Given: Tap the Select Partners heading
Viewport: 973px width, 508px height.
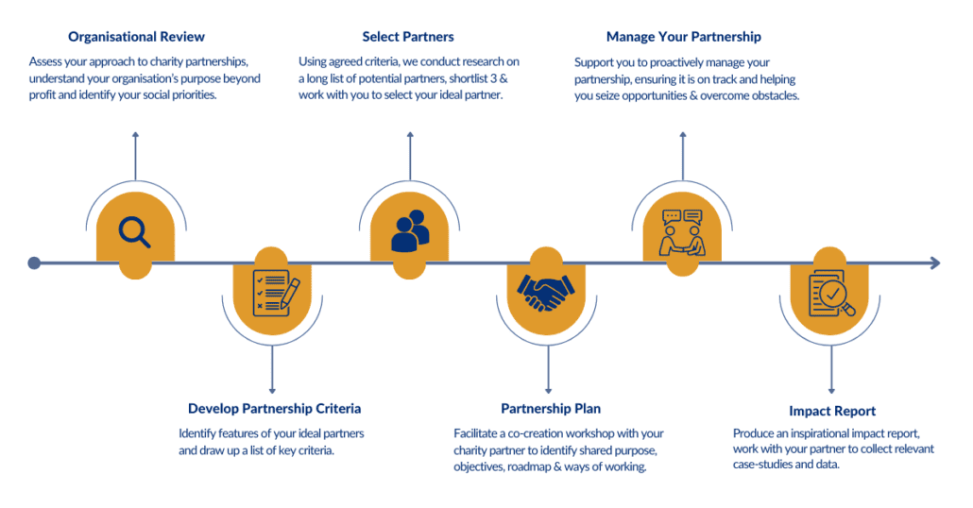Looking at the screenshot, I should (x=408, y=37).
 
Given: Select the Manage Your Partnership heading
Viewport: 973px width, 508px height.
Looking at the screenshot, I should (x=683, y=37).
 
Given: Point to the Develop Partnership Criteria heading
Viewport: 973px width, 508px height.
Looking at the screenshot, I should (x=274, y=409).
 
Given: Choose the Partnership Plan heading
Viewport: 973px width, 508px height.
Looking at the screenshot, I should (x=550, y=409).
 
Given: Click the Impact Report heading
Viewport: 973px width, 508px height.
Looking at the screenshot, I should (x=831, y=411).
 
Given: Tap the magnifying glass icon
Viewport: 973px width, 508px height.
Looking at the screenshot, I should (x=135, y=232).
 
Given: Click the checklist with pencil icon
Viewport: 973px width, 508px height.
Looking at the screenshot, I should (x=274, y=294).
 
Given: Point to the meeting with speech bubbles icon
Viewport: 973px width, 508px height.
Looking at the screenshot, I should (x=683, y=232).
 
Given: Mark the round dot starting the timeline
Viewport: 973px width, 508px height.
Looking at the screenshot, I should (x=34, y=263).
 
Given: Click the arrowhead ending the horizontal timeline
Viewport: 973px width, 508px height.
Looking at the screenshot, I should (x=935, y=262).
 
